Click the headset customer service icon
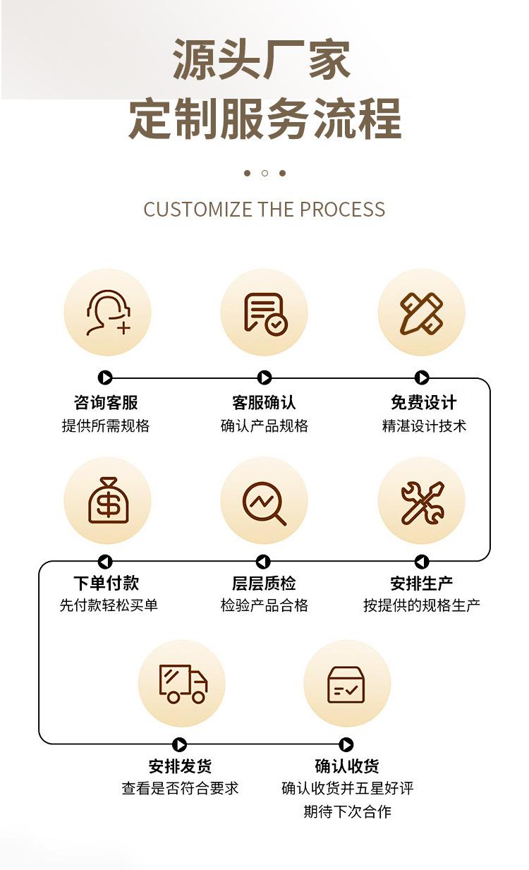click(108, 312)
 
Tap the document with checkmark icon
click(264, 312)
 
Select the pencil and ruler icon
click(421, 312)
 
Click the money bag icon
click(108, 500)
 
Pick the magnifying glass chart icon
click(264, 500)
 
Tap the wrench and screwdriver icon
click(421, 500)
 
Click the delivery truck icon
click(182, 683)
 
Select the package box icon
click(346, 683)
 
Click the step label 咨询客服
click(106, 403)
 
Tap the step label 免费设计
click(423, 403)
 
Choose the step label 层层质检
click(264, 584)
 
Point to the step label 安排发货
click(180, 766)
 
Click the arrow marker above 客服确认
click(264, 378)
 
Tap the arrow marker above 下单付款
click(105, 562)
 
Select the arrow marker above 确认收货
click(346, 745)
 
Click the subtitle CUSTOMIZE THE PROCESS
click(264, 210)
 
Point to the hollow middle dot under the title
click(264, 173)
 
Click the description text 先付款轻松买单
click(109, 605)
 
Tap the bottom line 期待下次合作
click(347, 811)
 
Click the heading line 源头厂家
click(262, 60)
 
